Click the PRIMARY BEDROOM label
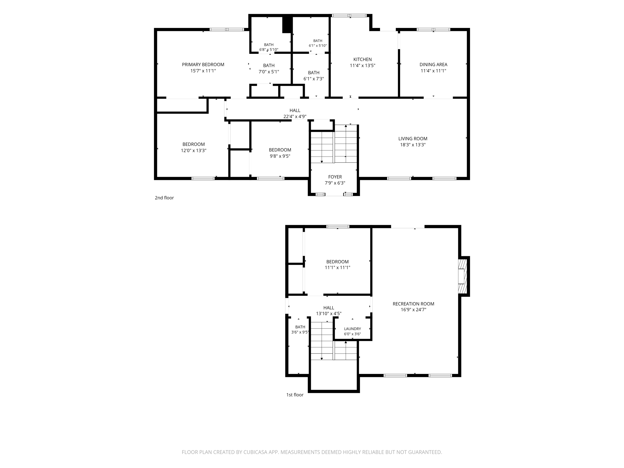click(x=203, y=65)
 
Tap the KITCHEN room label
click(x=363, y=59)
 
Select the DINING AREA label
click(x=433, y=65)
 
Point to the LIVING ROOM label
click(x=413, y=139)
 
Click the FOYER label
click(x=335, y=177)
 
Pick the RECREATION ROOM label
click(x=413, y=304)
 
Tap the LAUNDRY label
click(x=352, y=329)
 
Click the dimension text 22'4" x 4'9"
click(x=295, y=116)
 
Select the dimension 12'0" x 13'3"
click(x=193, y=151)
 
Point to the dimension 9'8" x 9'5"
click(x=280, y=156)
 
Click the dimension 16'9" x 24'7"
click(x=413, y=310)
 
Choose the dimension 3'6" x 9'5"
click(x=300, y=332)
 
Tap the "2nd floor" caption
click(x=164, y=198)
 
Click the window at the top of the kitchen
click(x=349, y=16)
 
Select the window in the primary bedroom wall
click(x=227, y=29)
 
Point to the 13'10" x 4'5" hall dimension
click(x=329, y=313)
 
